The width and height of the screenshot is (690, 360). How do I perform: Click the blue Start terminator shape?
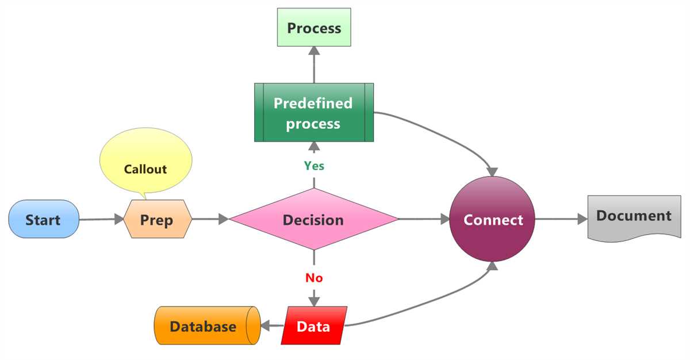click(x=43, y=219)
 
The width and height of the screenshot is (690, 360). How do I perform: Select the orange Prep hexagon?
click(x=157, y=219)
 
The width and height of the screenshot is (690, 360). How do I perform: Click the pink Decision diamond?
click(x=313, y=219)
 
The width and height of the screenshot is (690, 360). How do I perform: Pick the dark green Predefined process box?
click(x=313, y=113)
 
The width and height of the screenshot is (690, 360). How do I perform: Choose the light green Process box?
click(x=314, y=28)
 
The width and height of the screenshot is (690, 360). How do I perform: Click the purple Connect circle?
click(x=493, y=219)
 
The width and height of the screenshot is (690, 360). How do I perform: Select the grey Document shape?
click(x=634, y=216)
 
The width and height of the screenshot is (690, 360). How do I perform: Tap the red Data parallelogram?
click(x=313, y=326)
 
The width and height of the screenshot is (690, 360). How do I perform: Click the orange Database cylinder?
click(x=204, y=326)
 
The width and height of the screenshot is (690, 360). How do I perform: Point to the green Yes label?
click(x=314, y=166)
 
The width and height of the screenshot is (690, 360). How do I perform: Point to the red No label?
click(x=314, y=278)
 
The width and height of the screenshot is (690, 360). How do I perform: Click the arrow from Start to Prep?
click(x=101, y=219)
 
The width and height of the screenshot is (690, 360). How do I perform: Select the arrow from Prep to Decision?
click(x=210, y=219)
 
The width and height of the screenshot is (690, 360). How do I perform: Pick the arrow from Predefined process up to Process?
click(x=314, y=64)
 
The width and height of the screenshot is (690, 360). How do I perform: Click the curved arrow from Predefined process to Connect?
click(x=448, y=135)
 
